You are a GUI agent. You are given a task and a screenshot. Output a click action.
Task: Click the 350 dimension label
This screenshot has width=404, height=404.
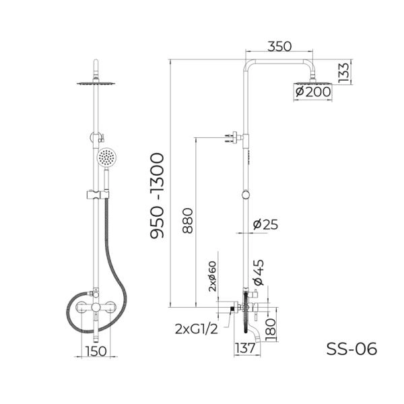pyautogui.click(x=279, y=46)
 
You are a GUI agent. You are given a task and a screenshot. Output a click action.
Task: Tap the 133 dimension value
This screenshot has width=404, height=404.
pyautogui.click(x=344, y=73)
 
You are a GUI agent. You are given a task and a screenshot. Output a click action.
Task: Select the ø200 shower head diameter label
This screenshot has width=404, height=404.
pyautogui.click(x=313, y=92)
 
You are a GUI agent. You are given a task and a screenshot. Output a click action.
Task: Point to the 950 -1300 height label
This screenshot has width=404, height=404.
pyautogui.click(x=157, y=196)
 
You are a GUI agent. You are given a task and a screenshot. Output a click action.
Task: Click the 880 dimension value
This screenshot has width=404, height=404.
pyautogui.click(x=188, y=221)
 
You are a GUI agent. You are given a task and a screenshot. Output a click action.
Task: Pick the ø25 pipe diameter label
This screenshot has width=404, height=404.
pyautogui.click(x=265, y=224)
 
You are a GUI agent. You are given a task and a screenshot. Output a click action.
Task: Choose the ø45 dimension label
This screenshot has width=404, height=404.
pyautogui.click(x=259, y=272)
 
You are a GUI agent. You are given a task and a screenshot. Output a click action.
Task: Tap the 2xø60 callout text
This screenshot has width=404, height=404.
pyautogui.click(x=212, y=277)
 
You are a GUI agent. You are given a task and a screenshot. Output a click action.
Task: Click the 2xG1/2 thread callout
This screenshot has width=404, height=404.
pyautogui.click(x=197, y=329)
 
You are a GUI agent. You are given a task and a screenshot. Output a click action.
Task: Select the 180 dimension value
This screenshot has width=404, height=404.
pyautogui.click(x=270, y=330)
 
